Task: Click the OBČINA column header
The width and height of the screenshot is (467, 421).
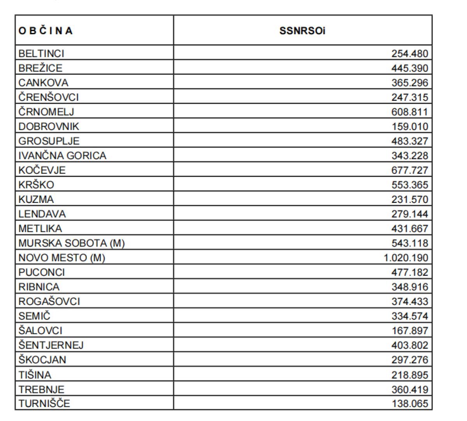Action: (x=46, y=31)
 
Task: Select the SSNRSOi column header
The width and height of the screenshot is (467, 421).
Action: (x=302, y=31)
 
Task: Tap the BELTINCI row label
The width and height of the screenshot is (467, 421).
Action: (x=41, y=53)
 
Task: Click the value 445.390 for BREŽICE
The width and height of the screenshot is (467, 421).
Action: (x=409, y=68)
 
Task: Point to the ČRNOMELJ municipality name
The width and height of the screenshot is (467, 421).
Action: (x=46, y=112)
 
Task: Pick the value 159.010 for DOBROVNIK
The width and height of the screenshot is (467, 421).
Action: (x=409, y=127)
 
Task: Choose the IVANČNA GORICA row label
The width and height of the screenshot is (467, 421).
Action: (x=62, y=156)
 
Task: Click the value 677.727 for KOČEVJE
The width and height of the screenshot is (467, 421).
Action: (x=409, y=170)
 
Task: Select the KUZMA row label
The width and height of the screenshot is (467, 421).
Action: (x=36, y=199)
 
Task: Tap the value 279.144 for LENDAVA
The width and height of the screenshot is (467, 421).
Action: (x=409, y=214)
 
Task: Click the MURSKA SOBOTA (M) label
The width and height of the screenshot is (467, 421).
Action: (x=72, y=243)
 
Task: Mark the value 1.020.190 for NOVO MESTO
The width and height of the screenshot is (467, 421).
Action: (x=406, y=258)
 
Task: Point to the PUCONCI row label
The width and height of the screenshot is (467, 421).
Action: (x=42, y=272)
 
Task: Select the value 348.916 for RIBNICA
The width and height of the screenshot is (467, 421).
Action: (x=409, y=287)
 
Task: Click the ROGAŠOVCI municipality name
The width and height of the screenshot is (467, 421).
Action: (x=49, y=301)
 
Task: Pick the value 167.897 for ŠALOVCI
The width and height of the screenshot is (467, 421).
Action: (x=409, y=331)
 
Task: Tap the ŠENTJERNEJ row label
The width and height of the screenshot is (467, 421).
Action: (x=51, y=345)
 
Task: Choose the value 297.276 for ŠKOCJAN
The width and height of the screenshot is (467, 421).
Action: (x=409, y=360)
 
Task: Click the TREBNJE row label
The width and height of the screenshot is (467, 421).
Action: (x=41, y=389)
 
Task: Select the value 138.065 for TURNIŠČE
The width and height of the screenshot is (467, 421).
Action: (x=409, y=403)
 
